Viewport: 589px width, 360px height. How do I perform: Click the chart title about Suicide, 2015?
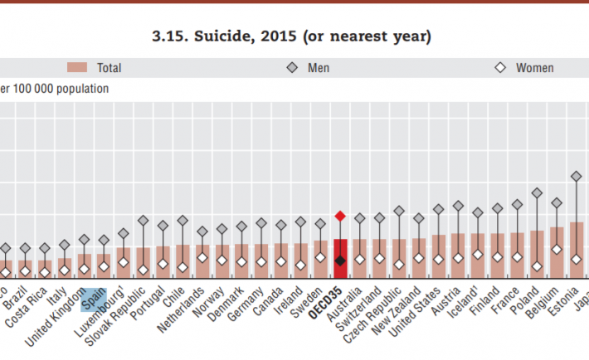click(x=291, y=36)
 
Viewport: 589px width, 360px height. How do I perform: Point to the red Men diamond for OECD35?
click(x=339, y=216)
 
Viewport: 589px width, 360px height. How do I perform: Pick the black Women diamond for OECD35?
click(x=339, y=260)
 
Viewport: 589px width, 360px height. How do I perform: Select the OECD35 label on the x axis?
click(x=333, y=305)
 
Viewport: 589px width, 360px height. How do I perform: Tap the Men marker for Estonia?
click(x=576, y=176)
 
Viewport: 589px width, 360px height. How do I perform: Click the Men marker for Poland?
click(x=537, y=192)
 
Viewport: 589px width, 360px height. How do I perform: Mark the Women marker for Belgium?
click(x=557, y=249)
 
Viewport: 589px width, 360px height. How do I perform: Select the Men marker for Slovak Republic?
click(x=143, y=221)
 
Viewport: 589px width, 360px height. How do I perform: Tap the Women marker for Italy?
click(x=65, y=270)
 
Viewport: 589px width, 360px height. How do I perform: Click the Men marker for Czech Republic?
click(x=399, y=211)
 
